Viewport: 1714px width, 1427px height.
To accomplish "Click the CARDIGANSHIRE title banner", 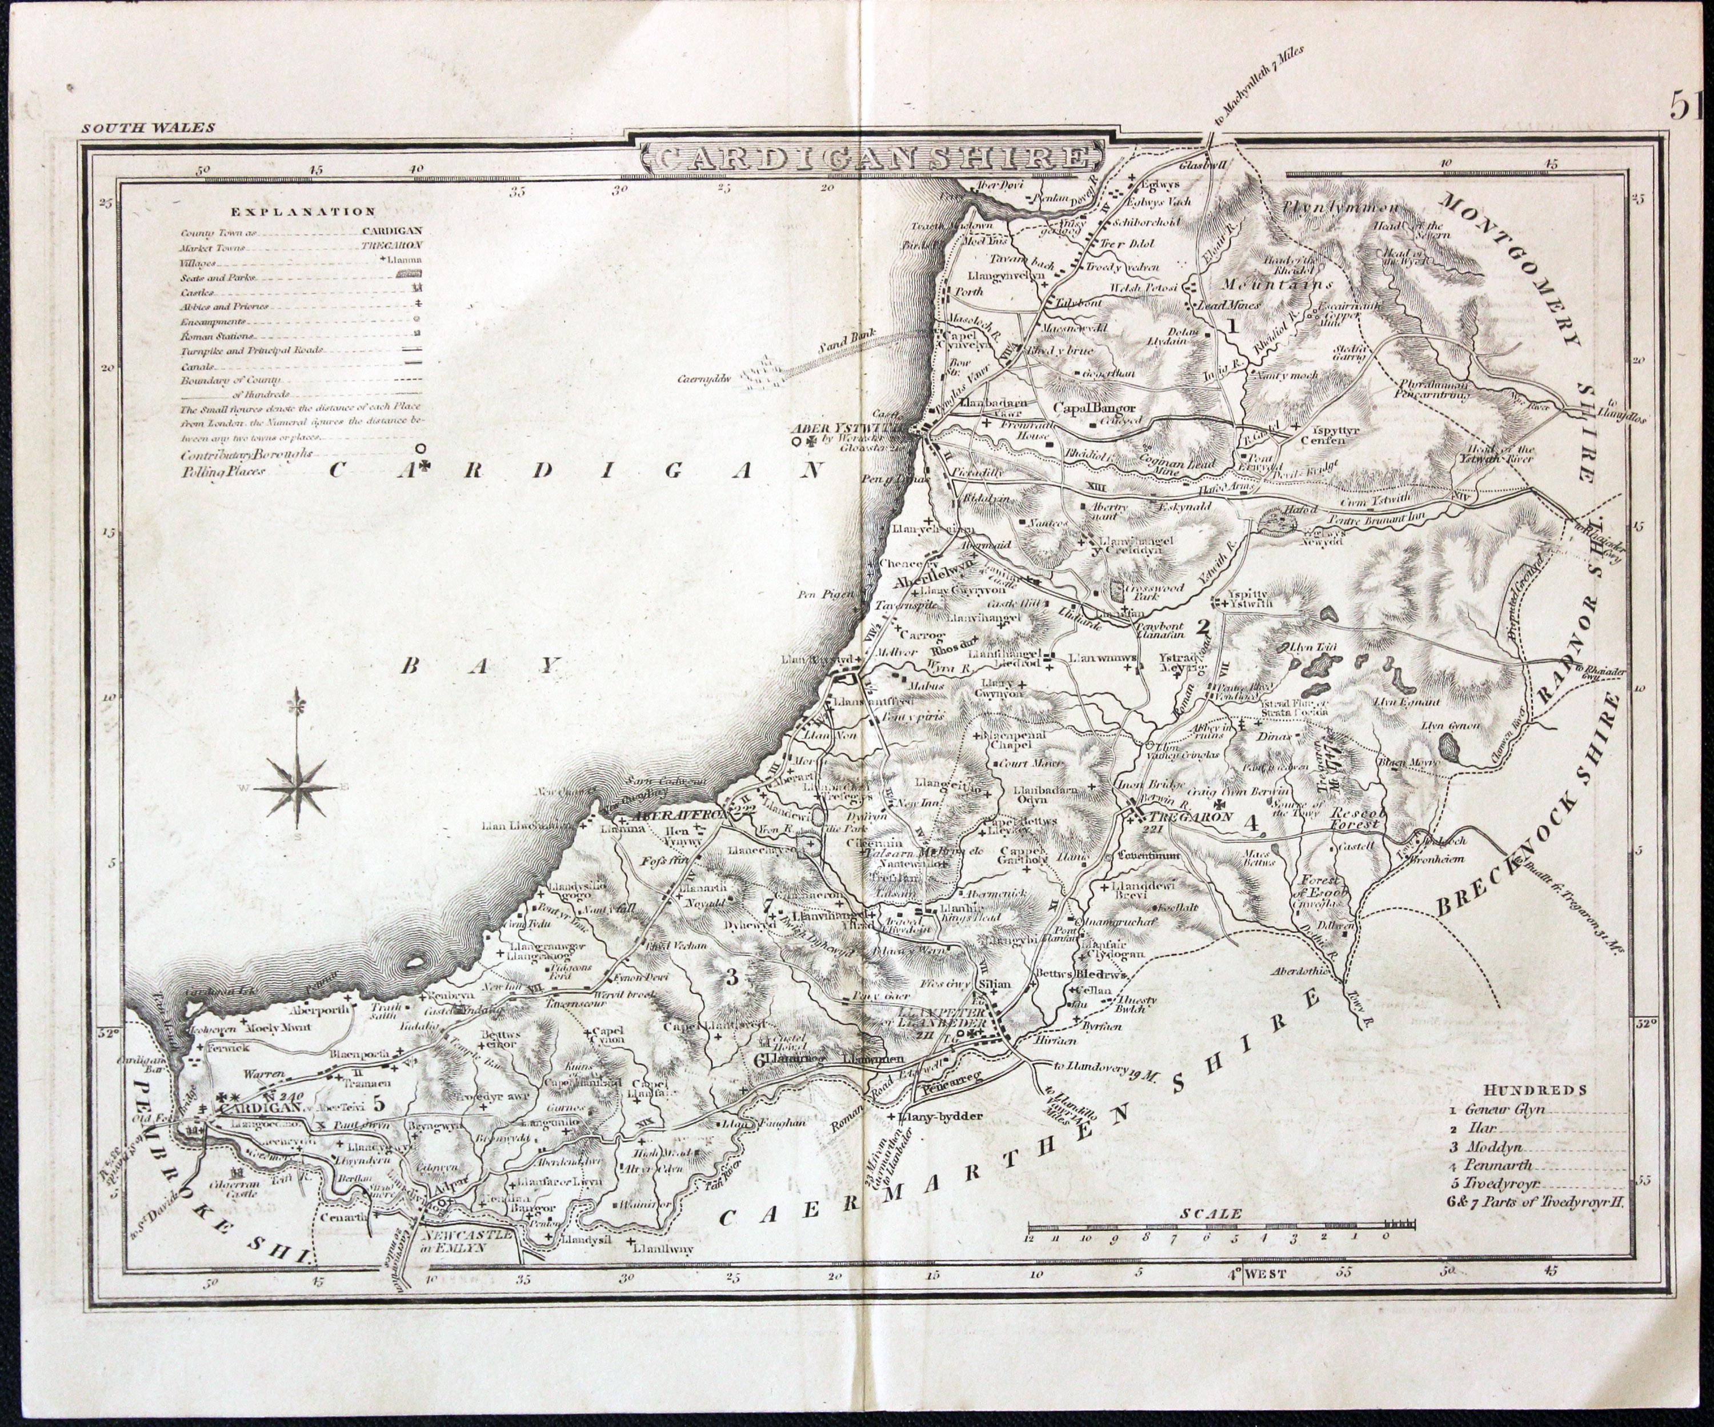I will [868, 157].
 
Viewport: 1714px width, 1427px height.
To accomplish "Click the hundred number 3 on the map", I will [731, 976].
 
